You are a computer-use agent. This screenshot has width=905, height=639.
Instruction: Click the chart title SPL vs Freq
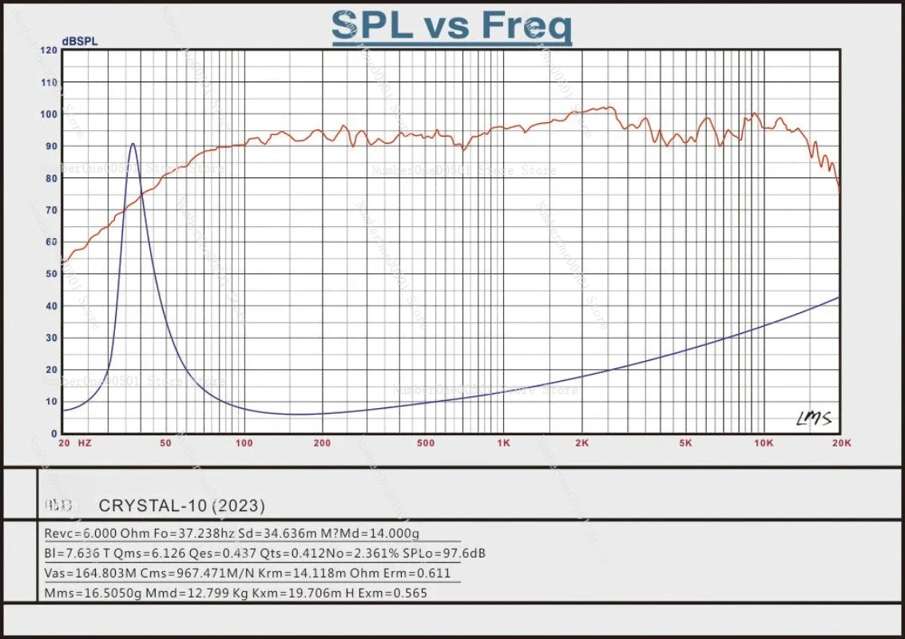pyautogui.click(x=452, y=26)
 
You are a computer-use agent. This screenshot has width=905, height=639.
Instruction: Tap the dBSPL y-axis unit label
pyautogui.click(x=80, y=42)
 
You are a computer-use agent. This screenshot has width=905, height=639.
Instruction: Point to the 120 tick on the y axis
pyautogui.click(x=49, y=50)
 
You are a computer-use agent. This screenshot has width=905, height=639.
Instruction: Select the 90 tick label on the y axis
pyautogui.click(x=50, y=146)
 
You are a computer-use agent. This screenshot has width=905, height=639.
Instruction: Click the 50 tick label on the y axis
pyautogui.click(x=50, y=274)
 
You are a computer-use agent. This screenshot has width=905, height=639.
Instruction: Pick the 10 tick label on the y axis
pyautogui.click(x=50, y=402)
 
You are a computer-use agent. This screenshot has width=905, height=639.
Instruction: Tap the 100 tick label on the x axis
pyautogui.click(x=244, y=442)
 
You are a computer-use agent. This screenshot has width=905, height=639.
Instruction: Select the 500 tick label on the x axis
pyautogui.click(x=425, y=442)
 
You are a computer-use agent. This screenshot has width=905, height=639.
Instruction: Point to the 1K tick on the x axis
pyautogui.click(x=503, y=442)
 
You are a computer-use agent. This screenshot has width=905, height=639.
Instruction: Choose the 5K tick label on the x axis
pyautogui.click(x=685, y=442)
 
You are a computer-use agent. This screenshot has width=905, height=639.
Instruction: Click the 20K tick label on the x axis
pyautogui.click(x=840, y=442)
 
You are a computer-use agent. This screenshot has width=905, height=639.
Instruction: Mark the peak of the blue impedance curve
pyautogui.click(x=133, y=145)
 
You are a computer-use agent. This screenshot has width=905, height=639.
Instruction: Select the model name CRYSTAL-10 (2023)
pyautogui.click(x=181, y=506)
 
